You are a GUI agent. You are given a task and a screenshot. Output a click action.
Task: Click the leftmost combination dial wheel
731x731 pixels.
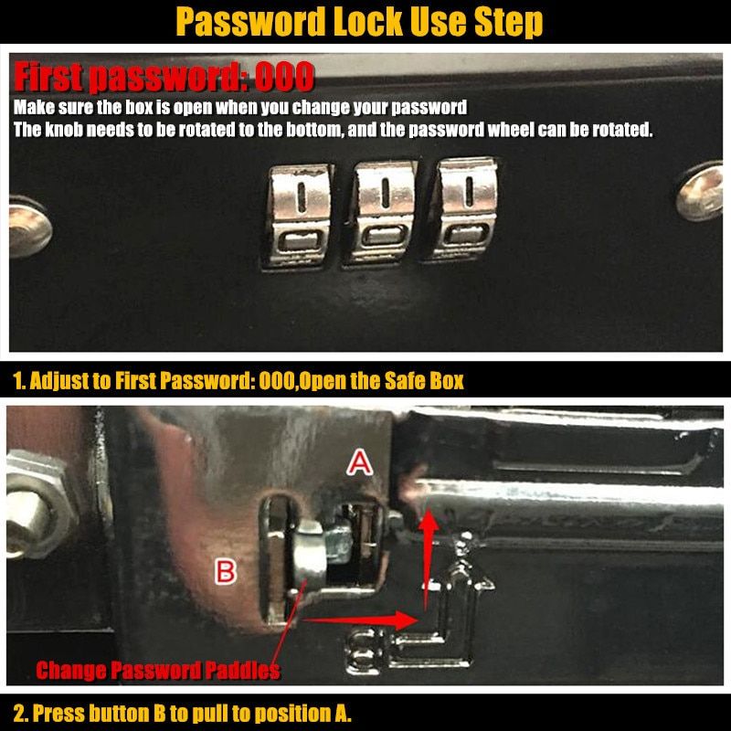(x=299, y=216)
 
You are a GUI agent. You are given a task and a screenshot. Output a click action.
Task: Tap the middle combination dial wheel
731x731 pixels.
(x=381, y=213)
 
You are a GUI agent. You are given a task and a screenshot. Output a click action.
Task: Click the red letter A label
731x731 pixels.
(x=359, y=464)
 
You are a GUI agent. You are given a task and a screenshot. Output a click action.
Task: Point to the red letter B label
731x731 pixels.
(x=225, y=572)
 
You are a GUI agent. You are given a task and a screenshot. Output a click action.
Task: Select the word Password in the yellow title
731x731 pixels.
(x=250, y=21)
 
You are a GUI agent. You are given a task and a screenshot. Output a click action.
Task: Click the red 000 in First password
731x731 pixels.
(x=284, y=77)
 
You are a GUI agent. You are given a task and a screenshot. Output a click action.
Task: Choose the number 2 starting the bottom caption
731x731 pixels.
(x=19, y=714)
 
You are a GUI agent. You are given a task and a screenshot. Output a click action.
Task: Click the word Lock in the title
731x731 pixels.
(x=367, y=21)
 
